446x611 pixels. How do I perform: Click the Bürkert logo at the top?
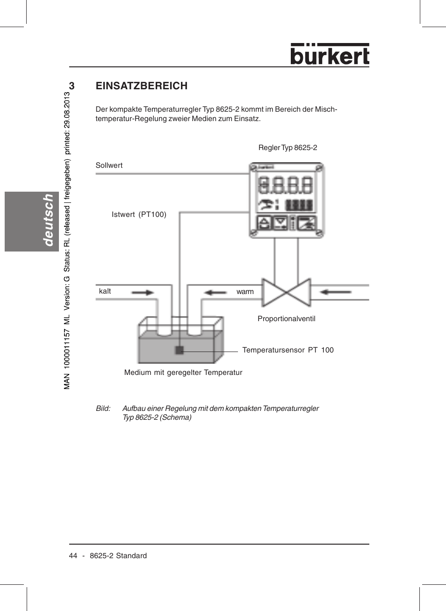[x=330, y=55]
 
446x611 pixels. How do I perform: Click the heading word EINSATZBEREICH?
[x=141, y=86]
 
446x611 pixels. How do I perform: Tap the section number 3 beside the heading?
[x=72, y=86]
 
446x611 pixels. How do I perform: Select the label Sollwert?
[x=109, y=165]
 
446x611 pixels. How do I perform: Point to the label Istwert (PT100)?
[x=139, y=215]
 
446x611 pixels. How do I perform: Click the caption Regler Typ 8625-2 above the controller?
[x=288, y=148]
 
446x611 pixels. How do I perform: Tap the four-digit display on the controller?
[x=286, y=185]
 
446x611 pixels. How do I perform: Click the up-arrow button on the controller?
[x=264, y=223]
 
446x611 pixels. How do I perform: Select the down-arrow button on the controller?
[x=280, y=223]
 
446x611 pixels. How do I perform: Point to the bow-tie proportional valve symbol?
[x=287, y=293]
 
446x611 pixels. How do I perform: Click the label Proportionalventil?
[x=286, y=319]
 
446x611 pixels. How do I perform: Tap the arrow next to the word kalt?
[x=143, y=293]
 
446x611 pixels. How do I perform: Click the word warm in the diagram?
[x=245, y=292]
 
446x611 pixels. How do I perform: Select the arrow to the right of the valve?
[x=336, y=292]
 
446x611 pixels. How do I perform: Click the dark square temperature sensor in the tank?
[x=179, y=350]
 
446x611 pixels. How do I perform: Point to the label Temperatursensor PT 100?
[x=288, y=350]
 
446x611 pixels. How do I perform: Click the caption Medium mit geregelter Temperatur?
[x=183, y=373]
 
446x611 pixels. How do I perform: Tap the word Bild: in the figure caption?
[x=103, y=409]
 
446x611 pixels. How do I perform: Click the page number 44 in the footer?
[x=73, y=556]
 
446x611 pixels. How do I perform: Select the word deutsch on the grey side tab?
[x=48, y=220]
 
